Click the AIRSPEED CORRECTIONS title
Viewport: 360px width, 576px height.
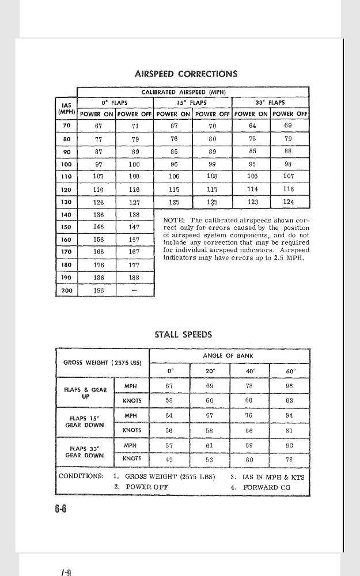click(x=185, y=74)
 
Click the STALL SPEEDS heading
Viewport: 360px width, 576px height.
click(x=183, y=335)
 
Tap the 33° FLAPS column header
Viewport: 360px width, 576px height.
click(x=270, y=103)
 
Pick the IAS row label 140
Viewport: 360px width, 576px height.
click(x=66, y=214)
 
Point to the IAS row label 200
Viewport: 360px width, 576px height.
click(x=66, y=290)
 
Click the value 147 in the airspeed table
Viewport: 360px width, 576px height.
click(x=134, y=228)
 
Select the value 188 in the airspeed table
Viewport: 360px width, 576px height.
click(x=134, y=278)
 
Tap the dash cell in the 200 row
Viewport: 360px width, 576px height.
click(x=134, y=291)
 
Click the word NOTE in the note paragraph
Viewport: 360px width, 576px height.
click(x=173, y=221)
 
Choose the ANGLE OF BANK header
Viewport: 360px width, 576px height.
click(x=229, y=356)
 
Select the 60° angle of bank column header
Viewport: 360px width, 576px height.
click(x=289, y=371)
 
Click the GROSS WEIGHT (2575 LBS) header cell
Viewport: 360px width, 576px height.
click(x=102, y=363)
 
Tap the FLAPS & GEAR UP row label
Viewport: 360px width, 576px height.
click(x=85, y=393)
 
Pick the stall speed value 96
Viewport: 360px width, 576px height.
click(x=289, y=386)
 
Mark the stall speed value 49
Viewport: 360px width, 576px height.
click(x=169, y=459)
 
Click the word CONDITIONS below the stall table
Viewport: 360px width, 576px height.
click(x=81, y=477)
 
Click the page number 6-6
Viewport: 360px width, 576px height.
click(x=60, y=509)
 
